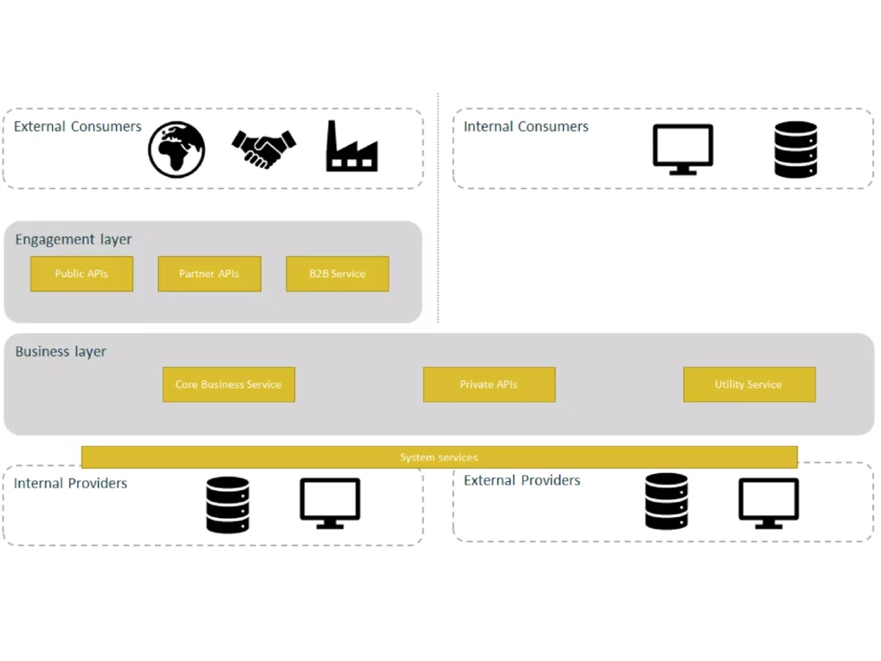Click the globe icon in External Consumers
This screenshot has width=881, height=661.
pyautogui.click(x=176, y=149)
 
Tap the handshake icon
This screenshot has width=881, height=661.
pyautogui.click(x=263, y=148)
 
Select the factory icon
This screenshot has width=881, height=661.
pyautogui.click(x=352, y=147)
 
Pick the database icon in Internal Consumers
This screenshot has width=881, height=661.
pyautogui.click(x=796, y=149)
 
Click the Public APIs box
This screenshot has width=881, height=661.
pyautogui.click(x=82, y=273)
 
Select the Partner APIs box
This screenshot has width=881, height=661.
pyautogui.click(x=209, y=273)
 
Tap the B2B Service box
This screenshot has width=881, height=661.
pyautogui.click(x=337, y=273)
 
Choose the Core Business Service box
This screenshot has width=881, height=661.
pyautogui.click(x=228, y=384)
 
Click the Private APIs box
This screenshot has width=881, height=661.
pyautogui.click(x=489, y=384)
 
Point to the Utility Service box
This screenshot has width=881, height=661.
pyautogui.click(x=749, y=384)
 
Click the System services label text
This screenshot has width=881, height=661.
pyautogui.click(x=439, y=458)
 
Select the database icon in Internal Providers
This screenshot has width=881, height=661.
pyautogui.click(x=227, y=505)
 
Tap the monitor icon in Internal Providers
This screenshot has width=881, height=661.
pyautogui.click(x=330, y=503)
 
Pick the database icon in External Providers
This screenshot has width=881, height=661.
pyautogui.click(x=666, y=501)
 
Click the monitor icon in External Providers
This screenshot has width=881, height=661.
pyautogui.click(x=769, y=503)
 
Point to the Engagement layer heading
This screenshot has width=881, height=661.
pyautogui.click(x=74, y=240)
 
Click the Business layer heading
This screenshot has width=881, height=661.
pyautogui.click(x=61, y=352)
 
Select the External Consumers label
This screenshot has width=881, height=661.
pyautogui.click(x=78, y=127)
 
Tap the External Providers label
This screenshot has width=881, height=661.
pyautogui.click(x=522, y=480)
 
